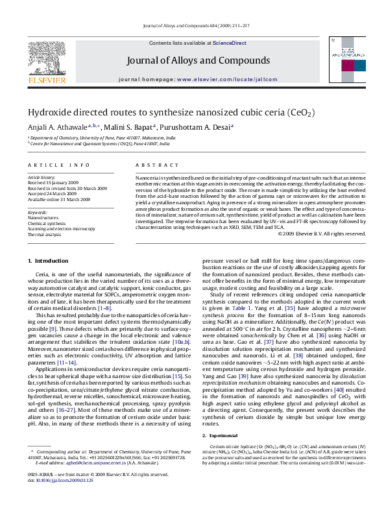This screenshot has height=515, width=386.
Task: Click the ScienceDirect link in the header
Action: (230, 43)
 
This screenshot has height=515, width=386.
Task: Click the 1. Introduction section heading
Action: (49, 261)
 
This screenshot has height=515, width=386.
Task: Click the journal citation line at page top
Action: (193, 25)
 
